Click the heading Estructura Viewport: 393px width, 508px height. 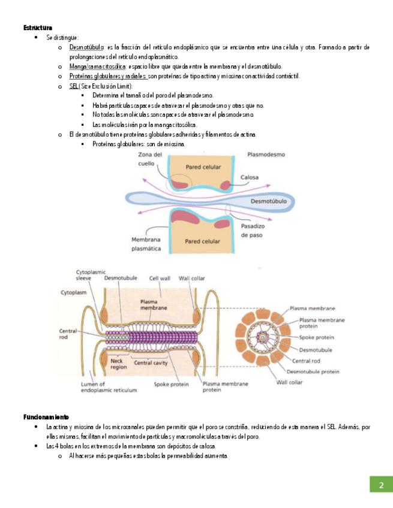pyautogui.click(x=38, y=28)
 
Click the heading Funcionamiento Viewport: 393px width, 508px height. pyautogui.click(x=46, y=416)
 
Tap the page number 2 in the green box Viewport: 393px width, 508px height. pyautogui.click(x=380, y=485)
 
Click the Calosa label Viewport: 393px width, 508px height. pyautogui.click(x=250, y=177)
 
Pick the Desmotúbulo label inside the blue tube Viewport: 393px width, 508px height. pyautogui.click(x=268, y=201)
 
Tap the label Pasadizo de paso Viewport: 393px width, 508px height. pyautogui.click(x=253, y=231)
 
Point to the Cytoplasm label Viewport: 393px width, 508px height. pyautogui.click(x=73, y=292)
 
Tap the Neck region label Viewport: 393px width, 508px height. pyautogui.click(x=119, y=364)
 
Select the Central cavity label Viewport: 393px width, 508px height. pyautogui.click(x=151, y=362)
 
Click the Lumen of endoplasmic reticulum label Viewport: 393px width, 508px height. pyautogui.click(x=109, y=387)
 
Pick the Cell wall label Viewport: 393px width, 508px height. pyautogui.click(x=161, y=278)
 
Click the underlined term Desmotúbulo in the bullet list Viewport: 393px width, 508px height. pyautogui.click(x=87, y=47)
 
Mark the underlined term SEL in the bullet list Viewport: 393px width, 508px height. pyautogui.click(x=74, y=86)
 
